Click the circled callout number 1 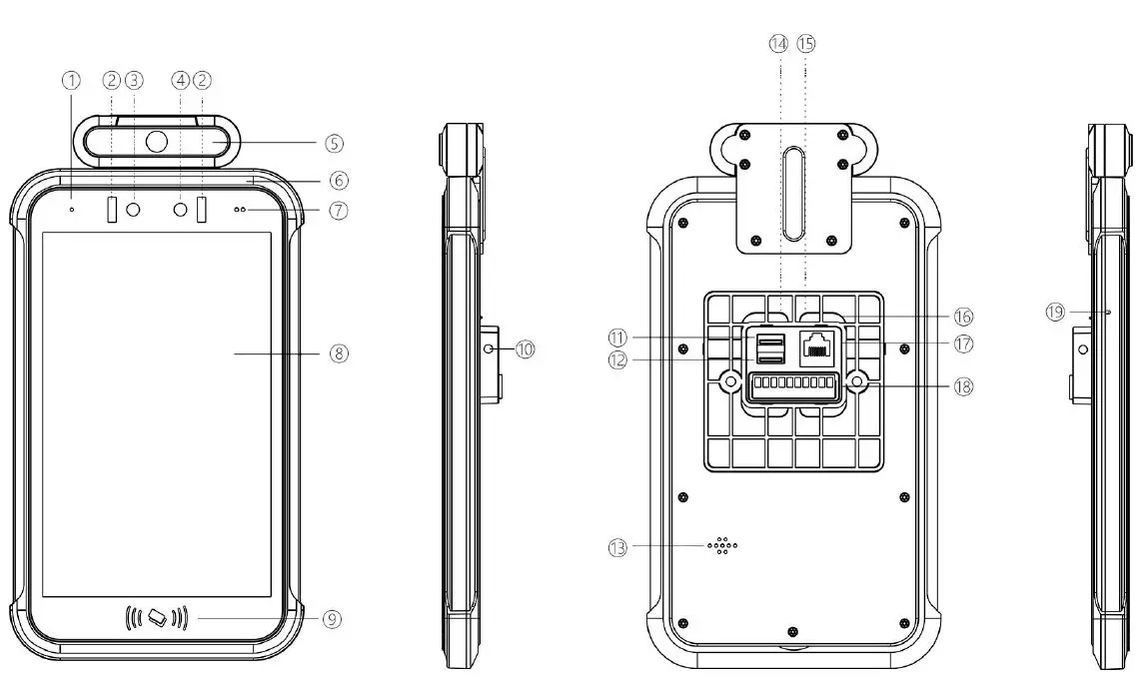pyautogui.click(x=71, y=80)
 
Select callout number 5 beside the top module pyautogui.click(x=334, y=143)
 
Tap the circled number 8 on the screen pyautogui.click(x=340, y=352)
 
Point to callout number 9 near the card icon pyautogui.click(x=333, y=619)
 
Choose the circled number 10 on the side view pyautogui.click(x=526, y=348)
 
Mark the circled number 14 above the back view pyautogui.click(x=778, y=43)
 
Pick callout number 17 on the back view pyautogui.click(x=963, y=343)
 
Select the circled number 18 pyautogui.click(x=963, y=386)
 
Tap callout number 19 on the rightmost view pyautogui.click(x=1055, y=312)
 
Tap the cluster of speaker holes pyautogui.click(x=722, y=545)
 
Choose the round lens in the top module pyautogui.click(x=157, y=142)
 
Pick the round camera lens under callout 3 pyautogui.click(x=133, y=210)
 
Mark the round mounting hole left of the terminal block pyautogui.click(x=730, y=381)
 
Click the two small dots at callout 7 pyautogui.click(x=241, y=211)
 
